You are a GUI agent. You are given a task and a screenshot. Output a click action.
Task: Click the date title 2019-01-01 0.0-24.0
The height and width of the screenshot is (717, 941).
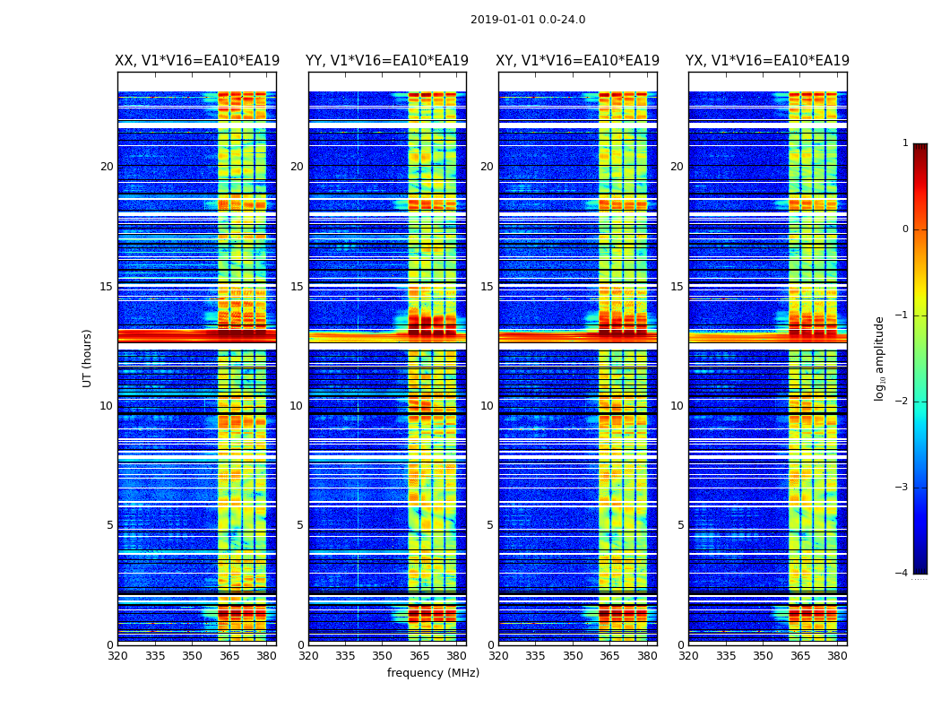528,20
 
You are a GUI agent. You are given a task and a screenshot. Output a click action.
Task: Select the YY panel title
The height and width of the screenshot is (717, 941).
387,61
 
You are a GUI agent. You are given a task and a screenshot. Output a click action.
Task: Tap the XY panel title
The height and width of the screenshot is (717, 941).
577,61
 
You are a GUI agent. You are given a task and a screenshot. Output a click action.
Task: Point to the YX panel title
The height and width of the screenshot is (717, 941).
767,61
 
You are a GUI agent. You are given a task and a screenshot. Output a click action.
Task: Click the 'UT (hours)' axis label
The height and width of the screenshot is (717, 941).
88,358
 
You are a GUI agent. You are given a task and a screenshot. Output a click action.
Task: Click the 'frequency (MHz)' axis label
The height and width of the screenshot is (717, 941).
433,673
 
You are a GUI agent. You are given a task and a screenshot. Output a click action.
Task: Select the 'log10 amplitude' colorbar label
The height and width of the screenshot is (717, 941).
880,358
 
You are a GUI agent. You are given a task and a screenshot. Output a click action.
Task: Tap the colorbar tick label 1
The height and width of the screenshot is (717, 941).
905,143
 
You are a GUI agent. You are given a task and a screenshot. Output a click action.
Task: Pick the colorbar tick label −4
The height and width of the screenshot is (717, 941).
902,574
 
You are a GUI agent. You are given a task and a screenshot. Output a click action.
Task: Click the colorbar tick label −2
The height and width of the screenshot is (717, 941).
902,402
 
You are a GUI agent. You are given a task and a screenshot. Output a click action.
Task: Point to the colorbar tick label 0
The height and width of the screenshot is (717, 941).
905,229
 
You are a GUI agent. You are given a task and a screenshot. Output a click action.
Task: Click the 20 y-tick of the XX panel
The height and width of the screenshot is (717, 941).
107,167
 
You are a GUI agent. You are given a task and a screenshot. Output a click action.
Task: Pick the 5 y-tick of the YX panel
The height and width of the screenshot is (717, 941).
680,525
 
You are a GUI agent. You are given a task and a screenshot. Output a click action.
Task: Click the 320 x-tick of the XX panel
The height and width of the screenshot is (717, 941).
117,655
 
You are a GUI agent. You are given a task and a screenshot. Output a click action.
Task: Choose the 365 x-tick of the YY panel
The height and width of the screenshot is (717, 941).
419,655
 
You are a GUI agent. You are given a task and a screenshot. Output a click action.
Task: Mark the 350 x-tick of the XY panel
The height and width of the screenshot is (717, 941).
573,655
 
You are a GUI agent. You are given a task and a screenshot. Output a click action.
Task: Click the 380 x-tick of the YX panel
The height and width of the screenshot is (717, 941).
837,655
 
